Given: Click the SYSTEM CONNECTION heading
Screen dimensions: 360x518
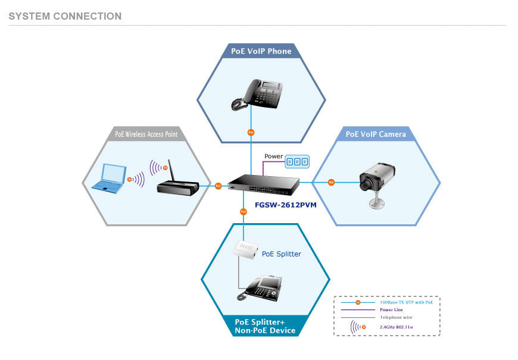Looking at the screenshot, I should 65,17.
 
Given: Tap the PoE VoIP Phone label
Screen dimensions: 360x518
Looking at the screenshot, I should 261,51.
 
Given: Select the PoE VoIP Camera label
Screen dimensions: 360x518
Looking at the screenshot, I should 376,134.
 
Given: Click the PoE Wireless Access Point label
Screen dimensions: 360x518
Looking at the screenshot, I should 146,134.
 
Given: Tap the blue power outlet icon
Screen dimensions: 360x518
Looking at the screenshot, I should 297,161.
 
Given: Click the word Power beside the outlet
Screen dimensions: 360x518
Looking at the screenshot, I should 273,156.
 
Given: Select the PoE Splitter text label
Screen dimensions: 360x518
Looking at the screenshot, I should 282,254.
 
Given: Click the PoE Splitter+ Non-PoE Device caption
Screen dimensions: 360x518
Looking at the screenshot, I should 265,326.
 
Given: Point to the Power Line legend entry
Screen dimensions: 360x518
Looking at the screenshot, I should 391,309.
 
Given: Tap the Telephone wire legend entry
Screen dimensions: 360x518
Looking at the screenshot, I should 396,317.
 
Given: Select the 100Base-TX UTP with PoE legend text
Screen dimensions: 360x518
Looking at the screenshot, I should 406,302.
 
